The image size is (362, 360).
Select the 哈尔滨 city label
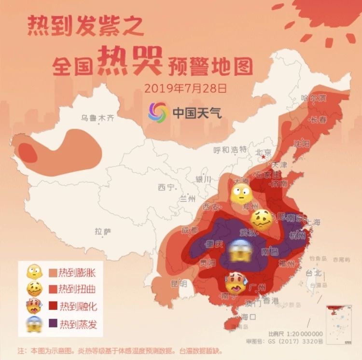coord(314,98)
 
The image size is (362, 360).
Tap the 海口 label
coord(248,317)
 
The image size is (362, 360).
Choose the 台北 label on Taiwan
coord(313,273)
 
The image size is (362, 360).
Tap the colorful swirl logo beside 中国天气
coord(158,112)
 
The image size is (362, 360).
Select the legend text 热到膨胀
coord(77,273)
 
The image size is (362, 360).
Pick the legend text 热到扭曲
coord(77,290)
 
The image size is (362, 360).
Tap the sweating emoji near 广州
coord(236,284)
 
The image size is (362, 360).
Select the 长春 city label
coord(318,120)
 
